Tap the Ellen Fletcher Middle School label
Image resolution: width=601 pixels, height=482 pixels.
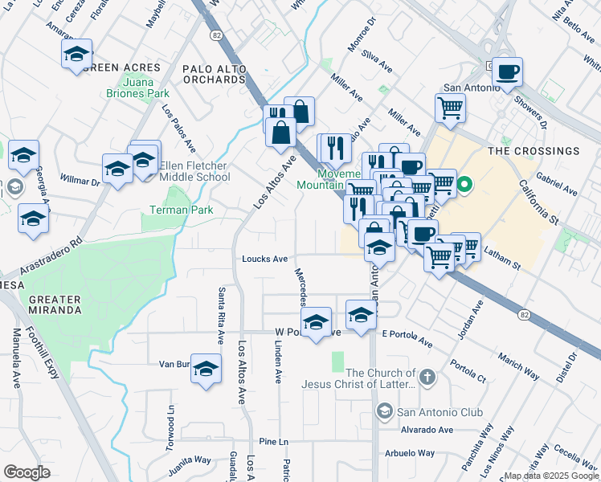pyautogui.click(x=194, y=172)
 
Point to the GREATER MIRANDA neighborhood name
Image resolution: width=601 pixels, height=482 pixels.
pyautogui.click(x=55, y=304)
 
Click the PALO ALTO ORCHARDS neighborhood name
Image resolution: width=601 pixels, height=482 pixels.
pyautogui.click(x=216, y=73)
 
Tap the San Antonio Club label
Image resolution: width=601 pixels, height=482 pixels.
pyautogui.click(x=440, y=412)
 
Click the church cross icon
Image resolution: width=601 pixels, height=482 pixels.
pyautogui.click(x=427, y=376)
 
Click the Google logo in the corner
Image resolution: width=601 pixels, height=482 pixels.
pyautogui.click(x=27, y=472)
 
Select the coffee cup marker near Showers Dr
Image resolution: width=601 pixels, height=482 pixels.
pyautogui.click(x=507, y=72)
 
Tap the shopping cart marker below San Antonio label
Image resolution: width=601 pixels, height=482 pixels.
pyautogui.click(x=450, y=107)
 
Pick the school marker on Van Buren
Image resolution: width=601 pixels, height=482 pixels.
pyautogui.click(x=206, y=368)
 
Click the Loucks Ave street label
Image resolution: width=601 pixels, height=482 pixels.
pyautogui.click(x=265, y=259)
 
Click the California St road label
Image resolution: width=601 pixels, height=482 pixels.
pyautogui.click(x=538, y=202)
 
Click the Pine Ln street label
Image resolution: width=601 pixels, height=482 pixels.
pyautogui.click(x=273, y=442)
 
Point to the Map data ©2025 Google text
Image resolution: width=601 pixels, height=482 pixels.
pyautogui.click(x=550, y=476)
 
